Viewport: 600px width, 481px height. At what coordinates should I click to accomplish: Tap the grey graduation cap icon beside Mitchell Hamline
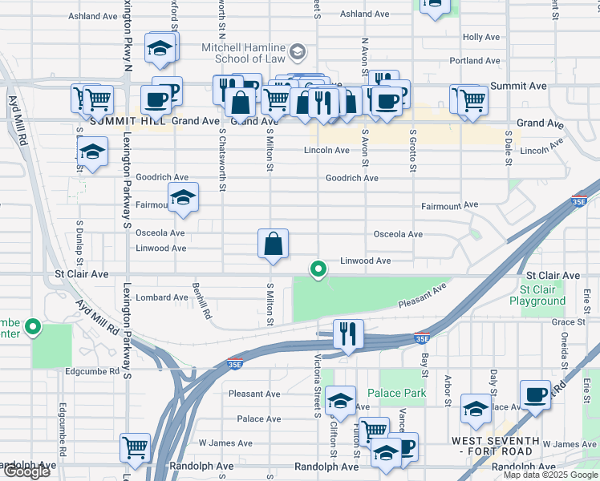pos(298,53)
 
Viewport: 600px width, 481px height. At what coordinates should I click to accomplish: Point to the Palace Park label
pos(396,393)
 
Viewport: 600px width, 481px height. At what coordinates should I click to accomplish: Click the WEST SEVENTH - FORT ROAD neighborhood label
pos(496,447)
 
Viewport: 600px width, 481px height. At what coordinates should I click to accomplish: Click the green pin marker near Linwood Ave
pos(318,269)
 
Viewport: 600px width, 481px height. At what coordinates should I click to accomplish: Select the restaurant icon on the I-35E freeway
pos(348,333)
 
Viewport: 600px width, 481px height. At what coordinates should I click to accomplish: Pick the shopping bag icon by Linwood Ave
pos(273,244)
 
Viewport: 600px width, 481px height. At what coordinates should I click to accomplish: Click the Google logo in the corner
pos(26,471)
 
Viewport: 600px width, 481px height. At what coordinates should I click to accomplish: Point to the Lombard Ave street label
pos(161,297)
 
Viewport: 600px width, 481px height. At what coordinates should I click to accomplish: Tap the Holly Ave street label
pos(481,38)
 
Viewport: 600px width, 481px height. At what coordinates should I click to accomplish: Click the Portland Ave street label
pos(475,61)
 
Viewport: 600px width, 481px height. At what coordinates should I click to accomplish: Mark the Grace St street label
pos(569,322)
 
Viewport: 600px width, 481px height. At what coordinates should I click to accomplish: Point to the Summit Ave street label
pos(518,86)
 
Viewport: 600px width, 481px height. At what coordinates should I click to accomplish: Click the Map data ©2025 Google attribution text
pos(550,475)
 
